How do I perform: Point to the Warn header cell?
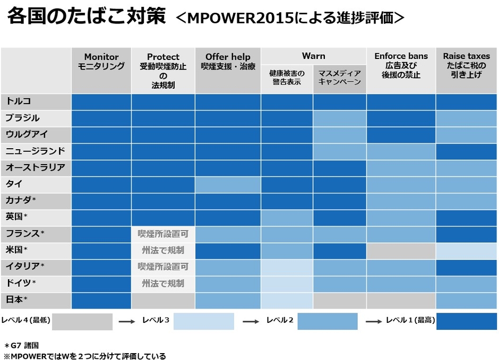[313, 56]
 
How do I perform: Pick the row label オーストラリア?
[36, 168]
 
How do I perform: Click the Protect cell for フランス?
[163, 234]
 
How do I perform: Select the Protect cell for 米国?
[163, 250]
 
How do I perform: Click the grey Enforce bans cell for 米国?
[401, 250]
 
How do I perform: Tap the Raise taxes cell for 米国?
[467, 250]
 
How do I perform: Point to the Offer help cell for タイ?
[228, 184]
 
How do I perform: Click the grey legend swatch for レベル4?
[82, 321]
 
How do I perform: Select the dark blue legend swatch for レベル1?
[467, 321]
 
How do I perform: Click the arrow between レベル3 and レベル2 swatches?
[250, 321]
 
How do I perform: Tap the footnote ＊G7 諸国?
[24, 345]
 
